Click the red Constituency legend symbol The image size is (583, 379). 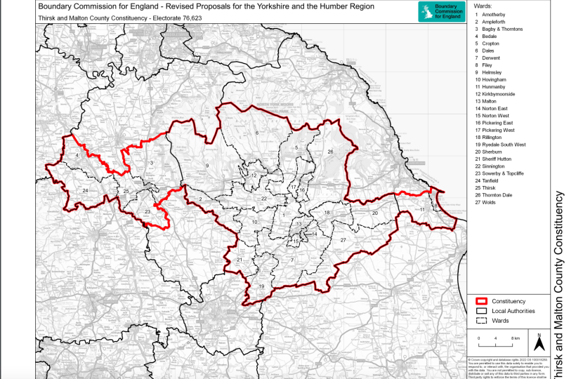(481, 301)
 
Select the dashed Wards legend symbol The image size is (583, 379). (481, 321)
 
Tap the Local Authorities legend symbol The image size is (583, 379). (481, 311)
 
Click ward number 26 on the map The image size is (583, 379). (329, 152)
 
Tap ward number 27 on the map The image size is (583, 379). (343, 240)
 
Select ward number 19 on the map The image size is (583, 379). (261, 286)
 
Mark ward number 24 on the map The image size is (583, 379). (85, 190)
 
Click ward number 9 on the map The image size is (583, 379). (207, 165)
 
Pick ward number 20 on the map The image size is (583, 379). (375, 212)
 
